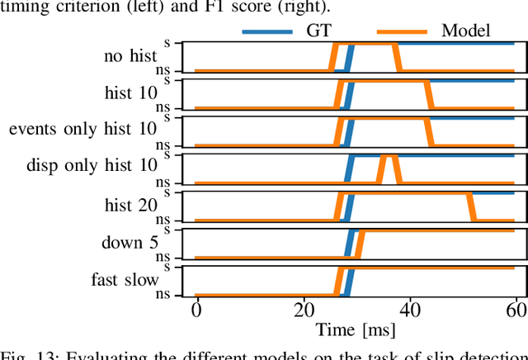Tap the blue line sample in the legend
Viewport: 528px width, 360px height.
point(267,31)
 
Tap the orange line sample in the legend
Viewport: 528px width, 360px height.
point(402,31)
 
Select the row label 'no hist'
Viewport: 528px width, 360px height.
point(130,56)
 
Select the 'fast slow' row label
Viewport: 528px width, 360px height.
point(125,279)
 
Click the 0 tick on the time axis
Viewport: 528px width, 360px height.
point(196,310)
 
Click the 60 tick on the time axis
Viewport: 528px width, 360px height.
point(515,310)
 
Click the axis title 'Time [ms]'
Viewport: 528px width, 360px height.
point(356,330)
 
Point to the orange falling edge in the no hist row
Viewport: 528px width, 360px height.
point(399,57)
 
